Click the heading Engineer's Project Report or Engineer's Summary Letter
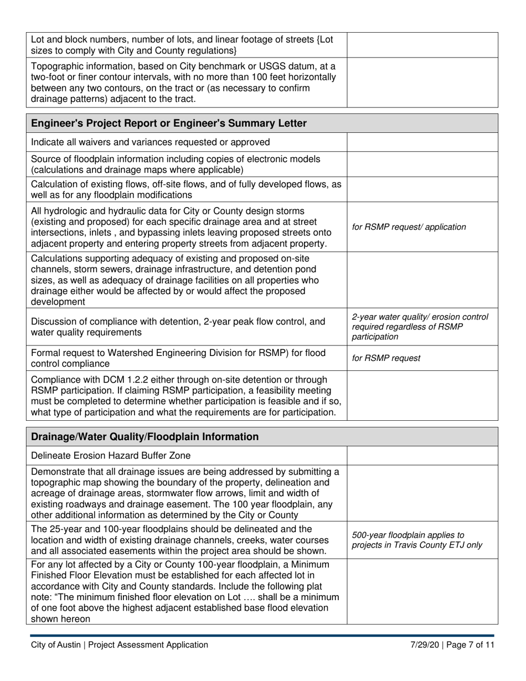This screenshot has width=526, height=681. tap(169, 123)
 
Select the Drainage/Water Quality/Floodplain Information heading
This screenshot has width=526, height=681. tap(145, 437)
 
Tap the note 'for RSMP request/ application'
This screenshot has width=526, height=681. tap(409, 227)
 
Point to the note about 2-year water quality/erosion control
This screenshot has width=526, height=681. tap(420, 327)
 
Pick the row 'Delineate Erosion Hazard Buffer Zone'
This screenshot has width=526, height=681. tap(111, 456)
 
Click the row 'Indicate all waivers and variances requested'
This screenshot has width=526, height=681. tap(151, 142)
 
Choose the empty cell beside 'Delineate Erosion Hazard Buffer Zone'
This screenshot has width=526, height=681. tap(422, 456)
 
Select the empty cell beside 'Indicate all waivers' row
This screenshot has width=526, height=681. tap(422, 142)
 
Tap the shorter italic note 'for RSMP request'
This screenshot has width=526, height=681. tap(386, 358)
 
